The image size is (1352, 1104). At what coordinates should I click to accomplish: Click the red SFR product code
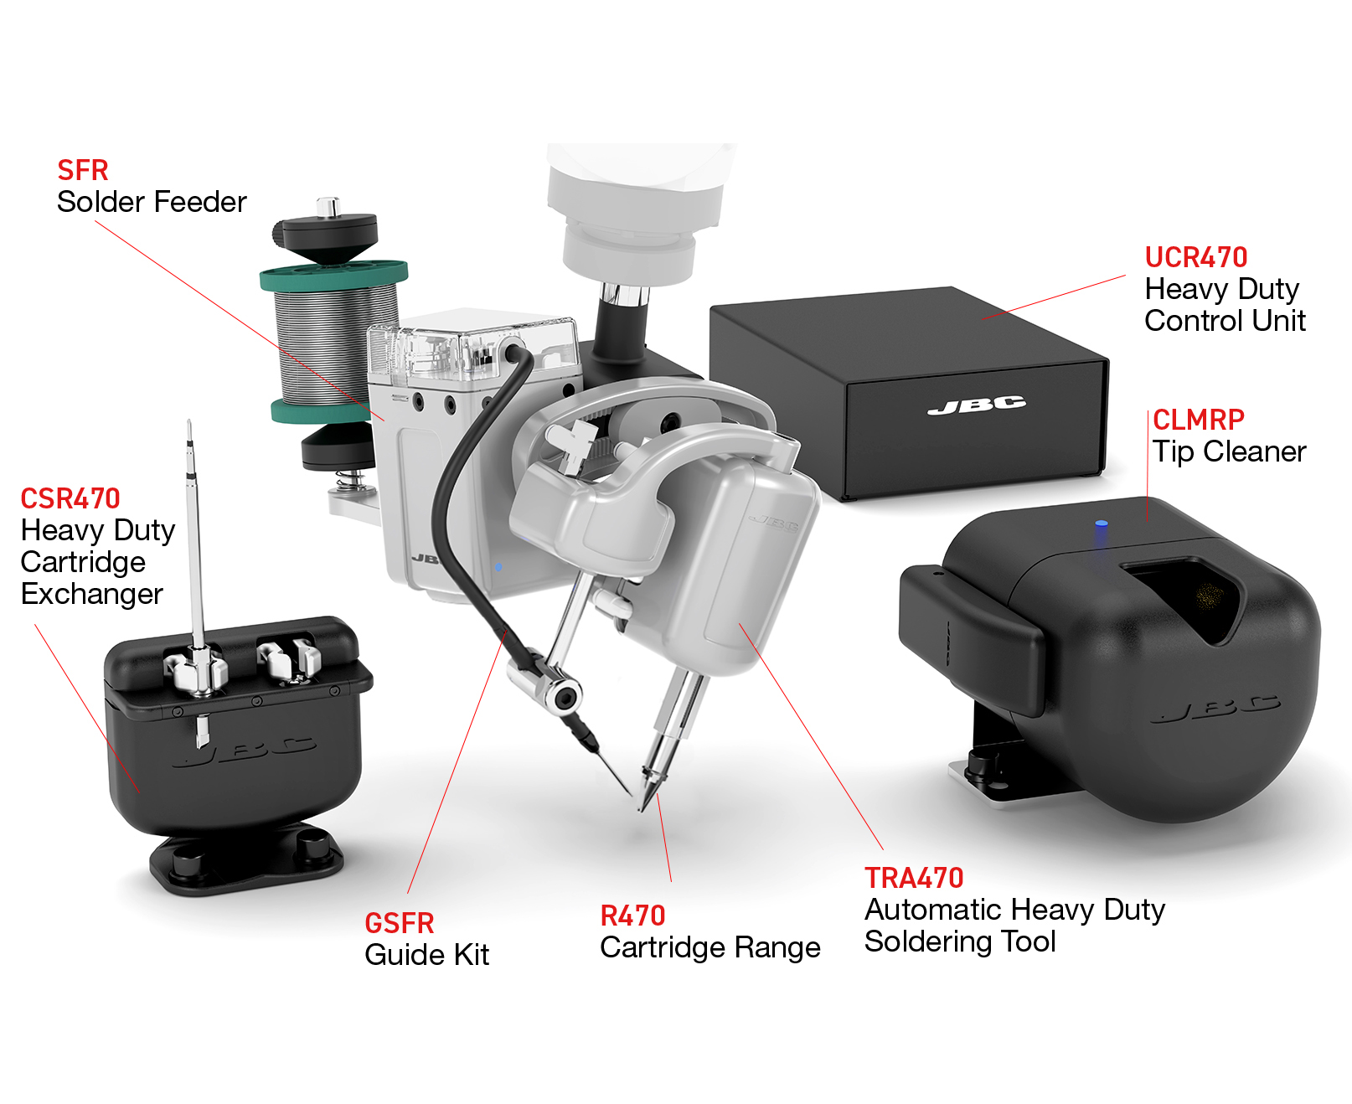(82, 170)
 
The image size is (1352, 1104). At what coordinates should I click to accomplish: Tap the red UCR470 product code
(1195, 257)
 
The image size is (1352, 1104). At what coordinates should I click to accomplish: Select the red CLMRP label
(1198, 420)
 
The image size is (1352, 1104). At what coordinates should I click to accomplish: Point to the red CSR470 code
(70, 498)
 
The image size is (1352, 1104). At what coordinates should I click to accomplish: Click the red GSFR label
(400, 923)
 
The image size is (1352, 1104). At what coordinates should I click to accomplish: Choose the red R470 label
(633, 916)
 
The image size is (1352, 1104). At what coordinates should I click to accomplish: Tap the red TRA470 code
(914, 878)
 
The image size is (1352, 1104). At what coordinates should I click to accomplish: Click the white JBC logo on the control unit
(977, 405)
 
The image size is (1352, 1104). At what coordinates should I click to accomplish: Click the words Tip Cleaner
(1229, 452)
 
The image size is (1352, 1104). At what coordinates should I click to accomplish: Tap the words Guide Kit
(427, 955)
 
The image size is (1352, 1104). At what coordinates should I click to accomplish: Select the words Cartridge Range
(710, 948)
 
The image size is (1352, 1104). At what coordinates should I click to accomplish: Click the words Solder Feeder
(152, 202)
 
